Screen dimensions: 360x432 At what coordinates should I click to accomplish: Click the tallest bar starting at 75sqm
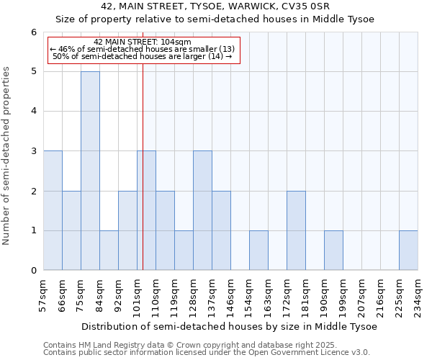tap(90, 171)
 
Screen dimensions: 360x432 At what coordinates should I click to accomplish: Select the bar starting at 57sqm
tap(53, 210)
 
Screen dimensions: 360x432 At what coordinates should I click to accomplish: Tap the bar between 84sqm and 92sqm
tap(109, 250)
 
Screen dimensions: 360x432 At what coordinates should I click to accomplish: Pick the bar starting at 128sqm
tap(202, 210)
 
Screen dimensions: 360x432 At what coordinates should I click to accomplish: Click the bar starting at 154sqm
tap(258, 250)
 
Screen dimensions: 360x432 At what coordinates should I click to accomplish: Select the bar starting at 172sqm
tap(296, 230)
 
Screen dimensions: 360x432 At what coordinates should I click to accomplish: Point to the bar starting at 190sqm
tap(333, 250)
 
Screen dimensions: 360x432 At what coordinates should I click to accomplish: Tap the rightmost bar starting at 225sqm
tap(408, 250)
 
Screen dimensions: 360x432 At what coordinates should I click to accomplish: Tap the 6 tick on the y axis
tap(33, 32)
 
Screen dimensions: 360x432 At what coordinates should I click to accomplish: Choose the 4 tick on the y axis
tap(33, 112)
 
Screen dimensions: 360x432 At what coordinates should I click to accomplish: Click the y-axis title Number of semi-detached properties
tap(7, 156)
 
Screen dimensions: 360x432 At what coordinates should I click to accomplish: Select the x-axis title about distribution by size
tap(229, 326)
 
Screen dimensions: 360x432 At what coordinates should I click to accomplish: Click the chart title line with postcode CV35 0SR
tap(215, 6)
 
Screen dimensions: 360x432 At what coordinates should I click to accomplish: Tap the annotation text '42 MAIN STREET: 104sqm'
tap(143, 42)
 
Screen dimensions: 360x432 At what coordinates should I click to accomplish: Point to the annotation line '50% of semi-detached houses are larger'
tap(143, 55)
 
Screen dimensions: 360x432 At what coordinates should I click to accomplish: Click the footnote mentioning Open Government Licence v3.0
tap(207, 353)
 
